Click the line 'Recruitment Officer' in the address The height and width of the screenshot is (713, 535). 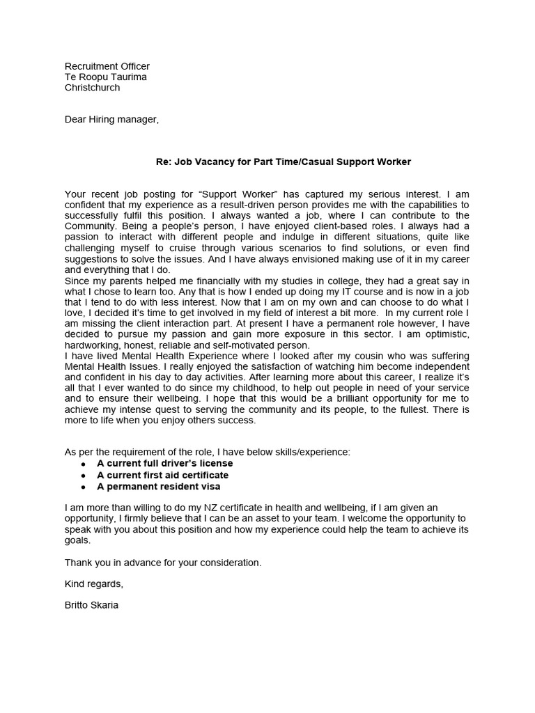[107, 66]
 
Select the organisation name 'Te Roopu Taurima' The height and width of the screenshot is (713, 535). [105, 77]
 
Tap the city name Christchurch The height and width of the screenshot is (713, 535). [92, 88]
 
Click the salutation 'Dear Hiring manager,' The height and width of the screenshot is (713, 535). [111, 119]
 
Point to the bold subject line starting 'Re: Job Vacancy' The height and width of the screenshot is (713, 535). [283, 162]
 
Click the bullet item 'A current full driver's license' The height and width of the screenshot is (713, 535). [164, 463]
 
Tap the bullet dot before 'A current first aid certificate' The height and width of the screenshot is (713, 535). [84, 476]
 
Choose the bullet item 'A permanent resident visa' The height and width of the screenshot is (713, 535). [158, 486]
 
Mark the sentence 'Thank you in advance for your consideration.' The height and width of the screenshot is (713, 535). [163, 562]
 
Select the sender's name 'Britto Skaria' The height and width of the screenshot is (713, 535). [91, 604]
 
